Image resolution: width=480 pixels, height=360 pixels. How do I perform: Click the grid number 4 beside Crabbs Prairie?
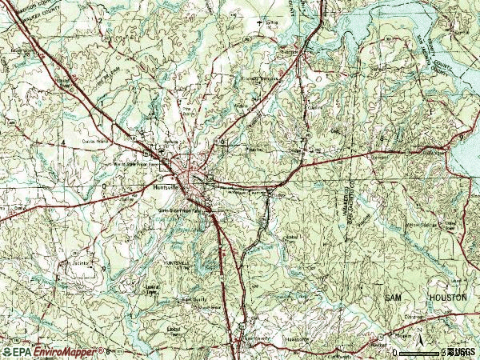pyautogui.click(x=63, y=142)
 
